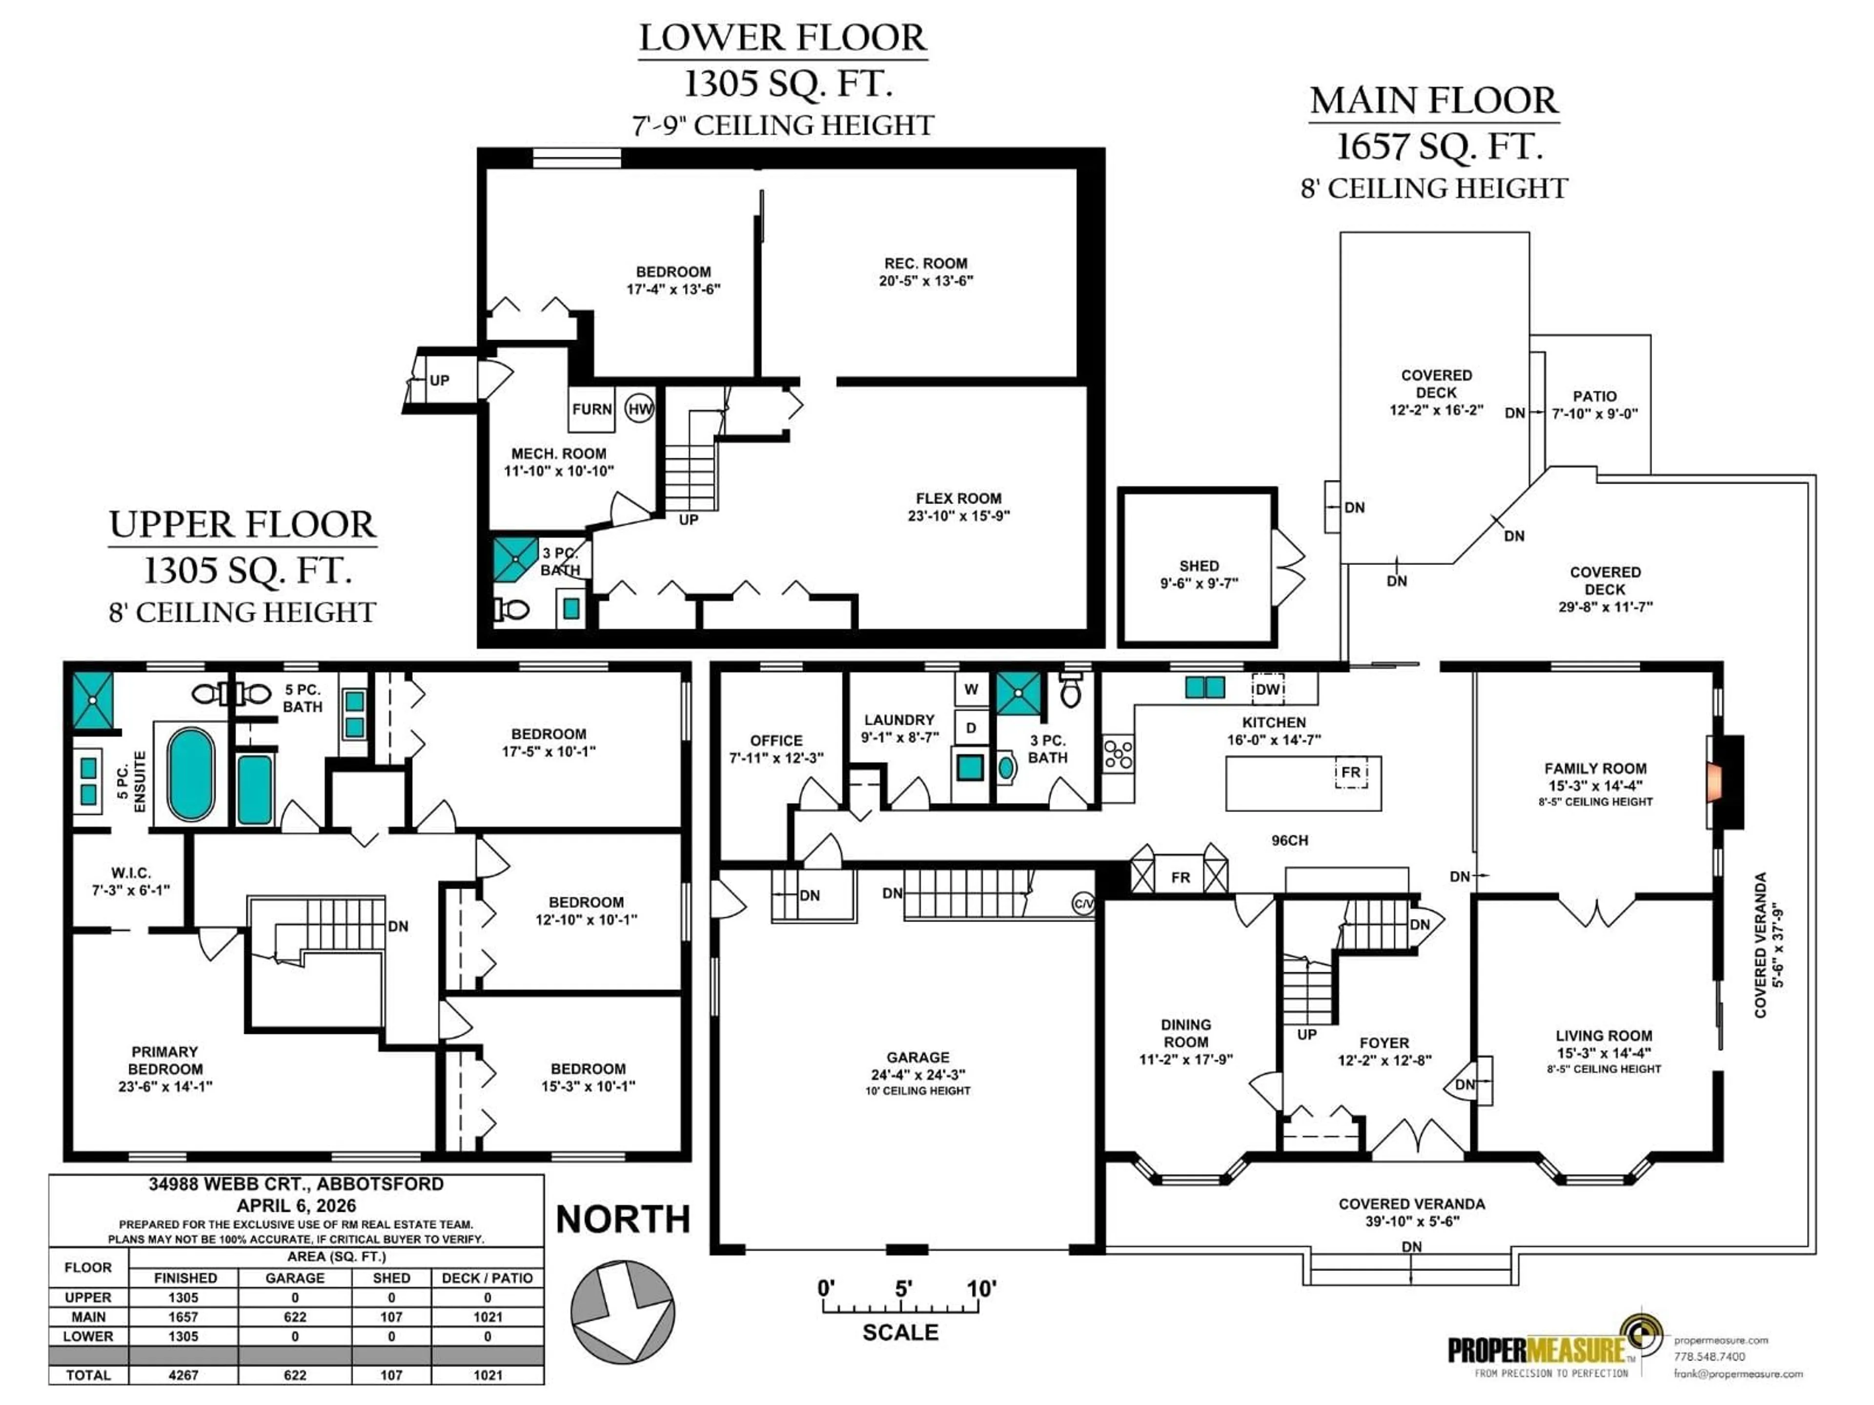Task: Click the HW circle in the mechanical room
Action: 640,409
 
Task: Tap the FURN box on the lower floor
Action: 591,409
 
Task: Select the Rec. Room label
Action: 925,272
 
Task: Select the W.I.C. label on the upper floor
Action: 130,881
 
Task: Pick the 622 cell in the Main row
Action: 295,1317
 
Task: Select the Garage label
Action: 917,1065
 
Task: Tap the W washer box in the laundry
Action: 971,689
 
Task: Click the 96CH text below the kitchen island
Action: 1289,840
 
